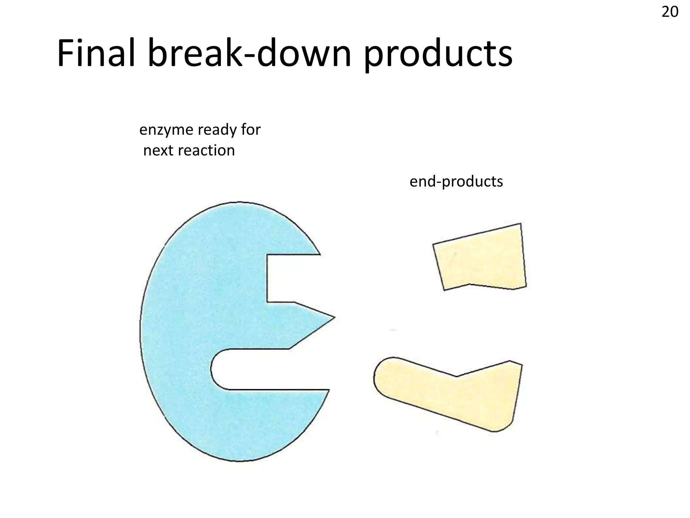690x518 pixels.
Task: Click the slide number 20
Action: click(670, 12)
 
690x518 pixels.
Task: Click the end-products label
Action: click(456, 181)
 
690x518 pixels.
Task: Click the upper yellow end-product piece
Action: click(480, 258)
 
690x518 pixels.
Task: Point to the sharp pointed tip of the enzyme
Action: click(334, 317)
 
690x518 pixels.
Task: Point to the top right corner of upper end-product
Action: click(521, 224)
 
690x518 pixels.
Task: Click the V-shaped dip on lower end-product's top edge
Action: click(457, 376)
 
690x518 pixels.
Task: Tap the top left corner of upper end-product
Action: click(434, 244)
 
